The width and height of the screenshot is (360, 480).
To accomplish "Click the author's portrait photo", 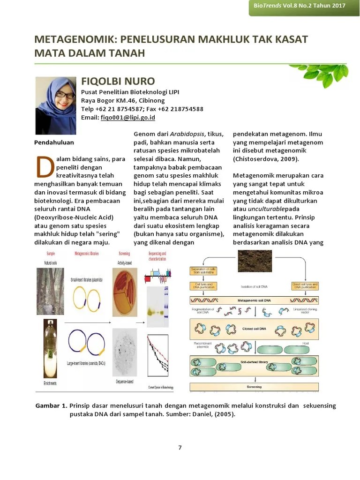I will pos(56,105).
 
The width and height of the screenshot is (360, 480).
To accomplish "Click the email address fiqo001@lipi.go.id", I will pos(127,118).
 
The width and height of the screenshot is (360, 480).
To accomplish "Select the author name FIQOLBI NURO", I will pos(118,81).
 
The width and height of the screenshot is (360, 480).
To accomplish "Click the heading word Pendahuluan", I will pos(54,142).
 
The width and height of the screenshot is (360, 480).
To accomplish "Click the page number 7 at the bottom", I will pos(180,447).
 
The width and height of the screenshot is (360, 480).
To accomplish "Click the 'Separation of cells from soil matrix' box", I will pos(203,271).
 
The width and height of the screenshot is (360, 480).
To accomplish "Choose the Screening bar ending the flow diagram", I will pos(255,387).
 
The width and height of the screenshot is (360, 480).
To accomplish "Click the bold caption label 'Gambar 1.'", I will pos(51,405).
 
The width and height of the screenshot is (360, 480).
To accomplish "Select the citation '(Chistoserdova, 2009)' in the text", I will pos(266,159).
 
